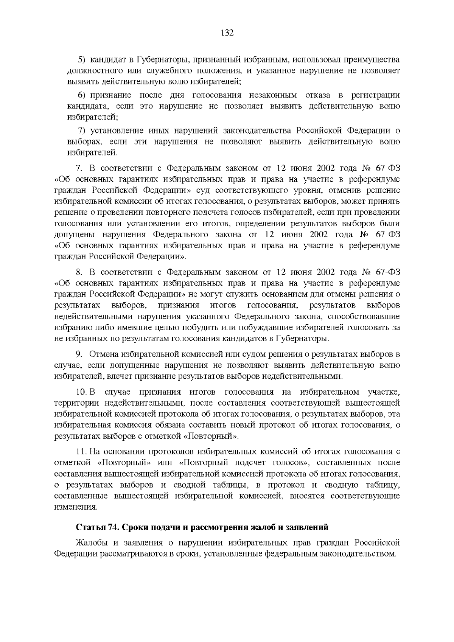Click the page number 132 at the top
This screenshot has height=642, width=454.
point(227,33)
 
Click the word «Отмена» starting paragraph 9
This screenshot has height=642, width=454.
point(104,354)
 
